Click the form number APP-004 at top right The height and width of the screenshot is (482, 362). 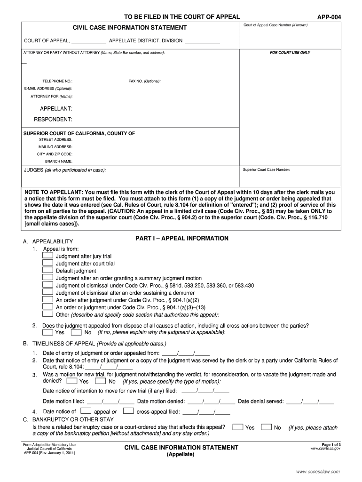coord(329,17)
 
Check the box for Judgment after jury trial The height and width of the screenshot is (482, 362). coord(47,256)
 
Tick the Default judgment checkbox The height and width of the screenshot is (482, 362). coord(47,271)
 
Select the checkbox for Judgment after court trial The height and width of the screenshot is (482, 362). coord(47,263)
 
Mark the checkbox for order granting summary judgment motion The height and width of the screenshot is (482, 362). coord(47,278)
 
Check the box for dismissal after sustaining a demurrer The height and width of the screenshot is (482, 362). coord(47,292)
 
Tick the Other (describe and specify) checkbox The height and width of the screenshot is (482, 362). coord(47,314)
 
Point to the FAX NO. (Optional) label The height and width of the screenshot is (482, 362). coord(145,81)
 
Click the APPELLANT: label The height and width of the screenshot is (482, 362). coord(56,109)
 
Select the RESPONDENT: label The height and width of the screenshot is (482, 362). coord(56,119)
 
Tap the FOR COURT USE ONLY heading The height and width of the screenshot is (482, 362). coord(290,53)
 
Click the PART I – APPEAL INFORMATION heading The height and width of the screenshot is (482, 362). coord(182,239)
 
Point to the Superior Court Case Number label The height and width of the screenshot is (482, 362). coord(267,169)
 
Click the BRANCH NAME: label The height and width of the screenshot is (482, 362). coord(59,161)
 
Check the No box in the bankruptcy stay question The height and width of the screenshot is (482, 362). coord(267,427)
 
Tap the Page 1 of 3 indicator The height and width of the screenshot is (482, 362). coord(331,444)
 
